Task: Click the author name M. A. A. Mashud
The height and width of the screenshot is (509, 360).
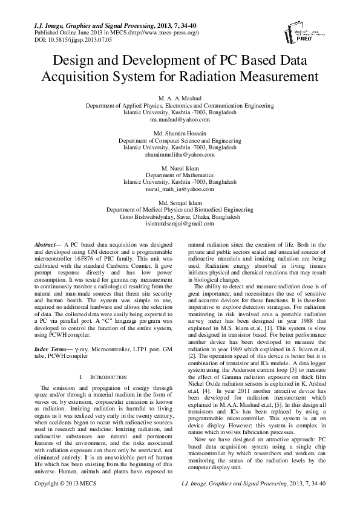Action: pos(180,97)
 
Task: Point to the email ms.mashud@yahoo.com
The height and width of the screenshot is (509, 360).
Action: pos(180,120)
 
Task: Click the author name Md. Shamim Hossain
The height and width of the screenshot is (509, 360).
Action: pos(180,133)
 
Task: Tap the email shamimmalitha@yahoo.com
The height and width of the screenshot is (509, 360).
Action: pos(180,155)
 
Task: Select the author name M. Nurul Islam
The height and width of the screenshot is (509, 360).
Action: pos(180,167)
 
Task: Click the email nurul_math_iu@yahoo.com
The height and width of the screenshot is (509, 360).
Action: pos(180,189)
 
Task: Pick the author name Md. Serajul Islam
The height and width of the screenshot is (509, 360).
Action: pos(180,202)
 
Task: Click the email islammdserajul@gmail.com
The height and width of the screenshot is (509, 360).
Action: pos(180,224)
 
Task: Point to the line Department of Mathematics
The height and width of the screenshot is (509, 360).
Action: pos(180,175)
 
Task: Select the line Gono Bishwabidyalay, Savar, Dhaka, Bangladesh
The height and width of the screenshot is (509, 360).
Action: pos(180,216)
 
